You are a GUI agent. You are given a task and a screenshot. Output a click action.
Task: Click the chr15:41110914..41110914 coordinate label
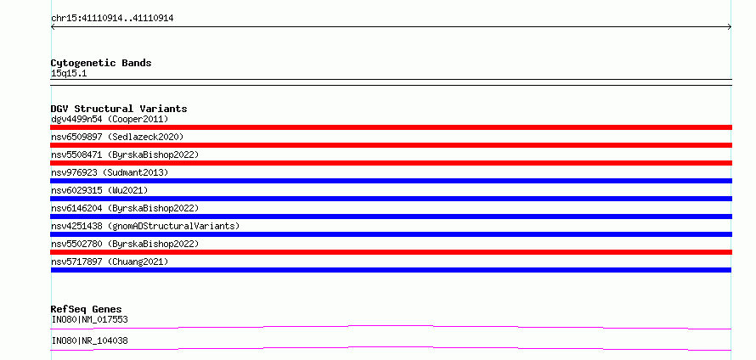pyautogui.click(x=112, y=19)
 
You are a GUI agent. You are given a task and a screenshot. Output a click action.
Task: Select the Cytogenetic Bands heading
pyautogui.click(x=101, y=63)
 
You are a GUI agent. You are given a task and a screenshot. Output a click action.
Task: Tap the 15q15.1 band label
pyautogui.click(x=69, y=74)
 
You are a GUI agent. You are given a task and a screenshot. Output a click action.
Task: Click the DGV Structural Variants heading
pyautogui.click(x=119, y=109)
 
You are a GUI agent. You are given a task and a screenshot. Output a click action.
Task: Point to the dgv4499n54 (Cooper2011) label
pyautogui.click(x=110, y=119)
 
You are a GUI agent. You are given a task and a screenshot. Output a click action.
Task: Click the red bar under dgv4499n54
pyautogui.click(x=391, y=127)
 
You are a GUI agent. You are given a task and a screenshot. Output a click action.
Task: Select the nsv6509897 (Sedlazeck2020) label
pyautogui.click(x=117, y=137)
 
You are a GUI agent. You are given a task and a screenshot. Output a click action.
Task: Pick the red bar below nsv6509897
pyautogui.click(x=391, y=145)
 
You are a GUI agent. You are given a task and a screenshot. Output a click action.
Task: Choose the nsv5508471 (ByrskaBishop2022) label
pyautogui.click(x=125, y=155)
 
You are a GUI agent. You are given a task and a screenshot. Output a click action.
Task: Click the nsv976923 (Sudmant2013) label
pyautogui.click(x=110, y=172)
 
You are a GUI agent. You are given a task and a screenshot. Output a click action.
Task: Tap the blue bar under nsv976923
pyautogui.click(x=391, y=181)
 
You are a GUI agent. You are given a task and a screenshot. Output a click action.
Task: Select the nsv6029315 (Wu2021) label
pyautogui.click(x=99, y=190)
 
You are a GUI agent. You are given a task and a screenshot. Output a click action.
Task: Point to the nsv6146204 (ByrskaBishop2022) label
pyautogui.click(x=125, y=208)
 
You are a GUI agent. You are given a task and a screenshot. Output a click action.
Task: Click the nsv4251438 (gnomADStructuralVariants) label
pyautogui.click(x=145, y=226)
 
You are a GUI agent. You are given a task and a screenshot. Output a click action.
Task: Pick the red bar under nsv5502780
pyautogui.click(x=391, y=252)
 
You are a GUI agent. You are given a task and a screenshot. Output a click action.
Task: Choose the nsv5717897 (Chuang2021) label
pyautogui.click(x=110, y=262)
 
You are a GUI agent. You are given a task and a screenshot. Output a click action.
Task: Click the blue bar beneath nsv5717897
pyautogui.click(x=391, y=270)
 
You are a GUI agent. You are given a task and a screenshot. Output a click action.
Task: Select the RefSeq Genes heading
pyautogui.click(x=87, y=309)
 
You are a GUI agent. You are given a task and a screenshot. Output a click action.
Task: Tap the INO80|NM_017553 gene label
pyautogui.click(x=90, y=319)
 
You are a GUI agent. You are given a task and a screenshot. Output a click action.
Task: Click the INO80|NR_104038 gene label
pyautogui.click(x=90, y=340)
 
